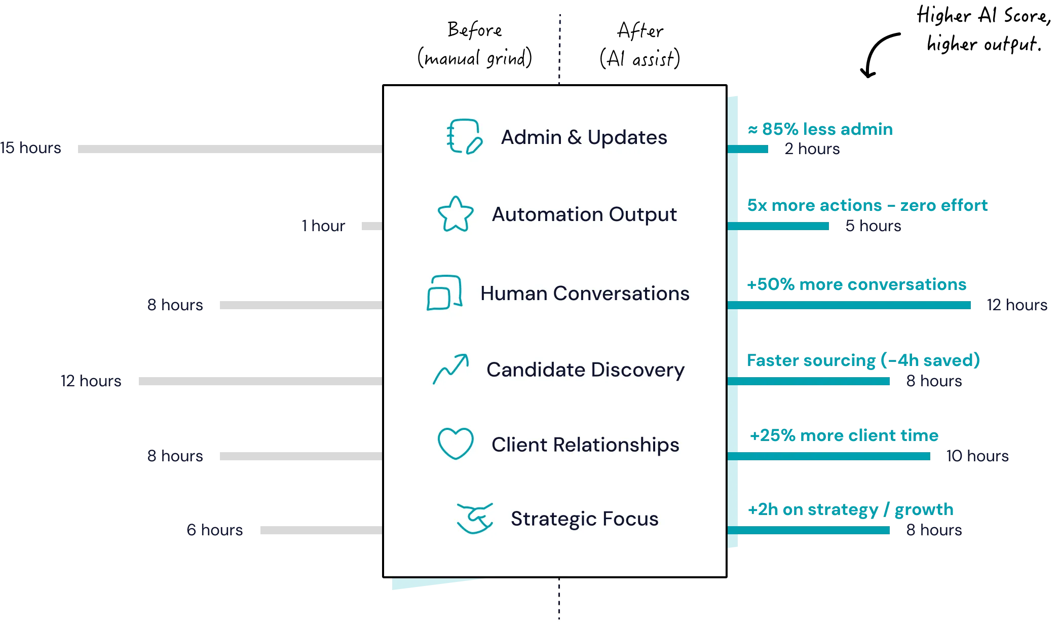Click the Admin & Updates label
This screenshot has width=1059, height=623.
point(584,137)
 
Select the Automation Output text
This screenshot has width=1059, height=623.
point(584,214)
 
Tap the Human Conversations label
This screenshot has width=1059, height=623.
point(585,294)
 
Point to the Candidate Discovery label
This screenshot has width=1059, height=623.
point(585,370)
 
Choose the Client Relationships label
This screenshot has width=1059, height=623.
point(585,445)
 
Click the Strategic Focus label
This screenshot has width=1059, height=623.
point(584,519)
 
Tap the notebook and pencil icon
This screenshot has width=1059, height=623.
point(464,136)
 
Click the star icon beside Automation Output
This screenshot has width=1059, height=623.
point(455,214)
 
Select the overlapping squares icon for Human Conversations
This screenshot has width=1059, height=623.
point(444,292)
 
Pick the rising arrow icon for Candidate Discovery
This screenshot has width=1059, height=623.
point(450,369)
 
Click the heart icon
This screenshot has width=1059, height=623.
point(455,444)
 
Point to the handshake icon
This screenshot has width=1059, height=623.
point(475,518)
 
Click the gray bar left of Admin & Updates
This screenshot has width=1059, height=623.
point(229,148)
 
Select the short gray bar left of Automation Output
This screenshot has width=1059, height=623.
point(371,225)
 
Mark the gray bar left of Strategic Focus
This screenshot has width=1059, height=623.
point(320,529)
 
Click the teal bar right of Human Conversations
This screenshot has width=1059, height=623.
point(854,305)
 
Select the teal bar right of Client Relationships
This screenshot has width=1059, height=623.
point(834,456)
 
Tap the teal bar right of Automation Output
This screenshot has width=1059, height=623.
point(783,226)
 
